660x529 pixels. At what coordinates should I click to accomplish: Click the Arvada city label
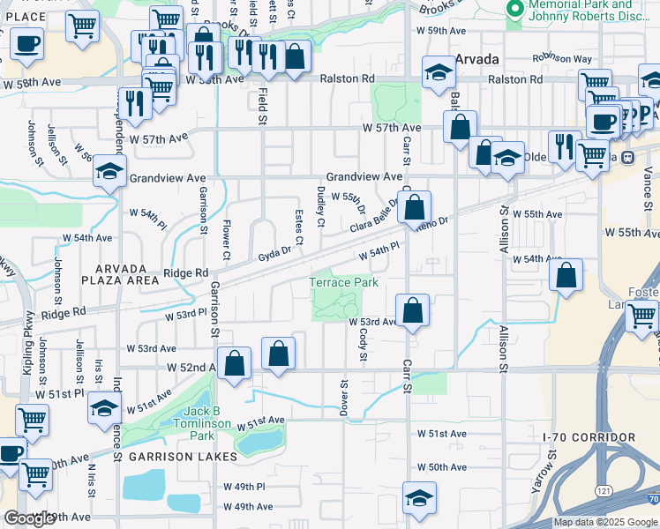[x=477, y=59]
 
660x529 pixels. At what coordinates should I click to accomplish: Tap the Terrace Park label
[x=343, y=282]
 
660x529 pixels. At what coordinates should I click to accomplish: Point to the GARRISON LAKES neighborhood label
[x=183, y=457]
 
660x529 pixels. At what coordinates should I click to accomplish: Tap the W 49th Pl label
[x=244, y=487]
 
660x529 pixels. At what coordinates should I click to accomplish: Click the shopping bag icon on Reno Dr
[x=415, y=208]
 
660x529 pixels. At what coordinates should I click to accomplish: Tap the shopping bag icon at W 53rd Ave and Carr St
[x=412, y=310]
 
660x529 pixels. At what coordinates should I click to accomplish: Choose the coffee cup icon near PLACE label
[x=26, y=42]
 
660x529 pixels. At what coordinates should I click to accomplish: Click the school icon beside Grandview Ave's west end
[x=109, y=170]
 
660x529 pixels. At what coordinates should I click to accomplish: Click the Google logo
[x=29, y=518]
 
